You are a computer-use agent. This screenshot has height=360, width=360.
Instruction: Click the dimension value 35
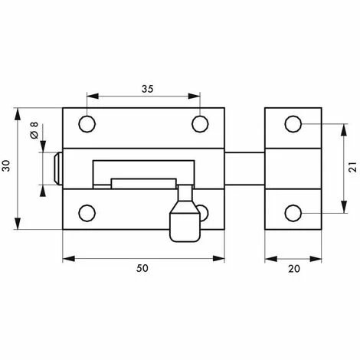click(x=148, y=89)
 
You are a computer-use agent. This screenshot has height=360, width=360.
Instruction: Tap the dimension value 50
click(x=142, y=268)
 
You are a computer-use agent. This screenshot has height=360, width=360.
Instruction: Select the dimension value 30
click(x=5, y=165)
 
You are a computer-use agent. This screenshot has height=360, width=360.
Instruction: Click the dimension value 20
click(x=294, y=269)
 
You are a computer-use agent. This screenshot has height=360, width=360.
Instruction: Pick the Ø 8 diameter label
click(x=34, y=130)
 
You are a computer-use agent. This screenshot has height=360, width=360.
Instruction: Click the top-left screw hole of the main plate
click(x=87, y=124)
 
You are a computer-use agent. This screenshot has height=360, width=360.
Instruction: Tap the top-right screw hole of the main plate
click(x=200, y=124)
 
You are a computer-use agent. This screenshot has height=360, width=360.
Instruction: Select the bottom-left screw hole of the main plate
click(x=87, y=213)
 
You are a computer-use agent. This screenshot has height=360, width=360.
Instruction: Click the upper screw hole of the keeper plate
click(x=293, y=124)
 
